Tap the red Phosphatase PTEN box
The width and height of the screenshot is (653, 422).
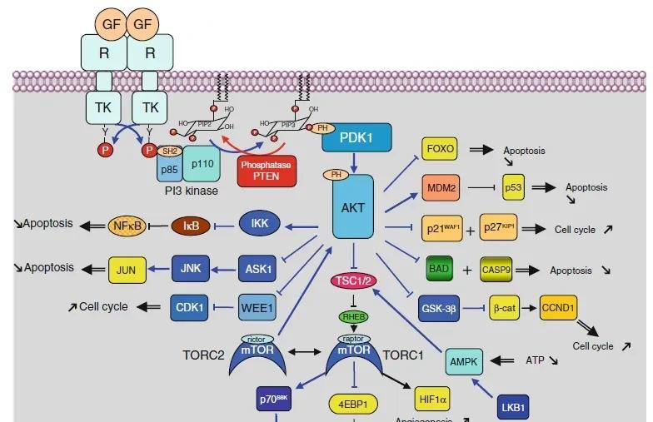click(267, 170)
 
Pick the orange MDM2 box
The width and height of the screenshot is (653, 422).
click(441, 189)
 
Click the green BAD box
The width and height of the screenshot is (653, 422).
click(440, 270)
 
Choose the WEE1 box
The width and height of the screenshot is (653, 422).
click(257, 305)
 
